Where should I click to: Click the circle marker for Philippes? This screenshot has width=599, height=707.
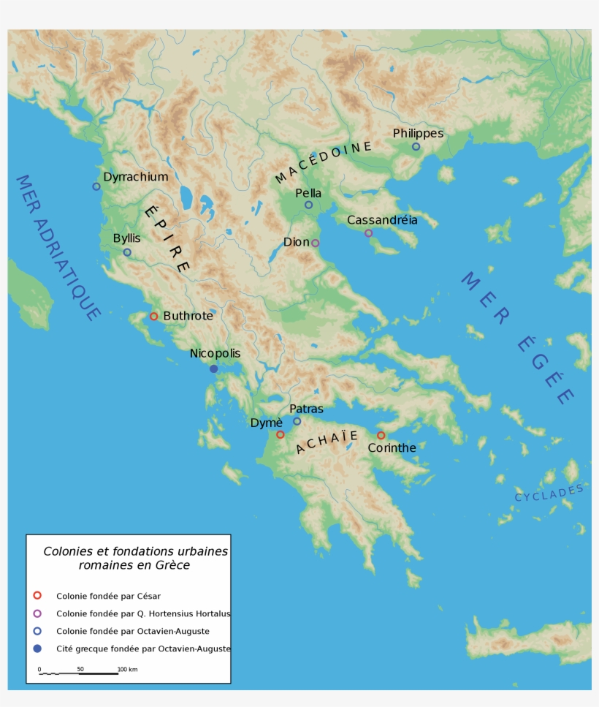[416, 146]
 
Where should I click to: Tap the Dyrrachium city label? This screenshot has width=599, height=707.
[135, 177]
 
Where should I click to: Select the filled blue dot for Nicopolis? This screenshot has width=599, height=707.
[213, 368]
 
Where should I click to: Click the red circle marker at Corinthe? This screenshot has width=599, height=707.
[381, 435]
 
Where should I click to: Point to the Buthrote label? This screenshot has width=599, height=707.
[188, 316]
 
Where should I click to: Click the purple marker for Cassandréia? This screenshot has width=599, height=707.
[368, 232]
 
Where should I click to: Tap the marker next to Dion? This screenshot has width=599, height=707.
[315, 243]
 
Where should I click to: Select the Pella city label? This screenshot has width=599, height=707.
[308, 193]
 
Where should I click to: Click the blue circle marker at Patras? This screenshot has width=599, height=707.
[297, 420]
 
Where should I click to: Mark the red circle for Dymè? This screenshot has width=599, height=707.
[280, 434]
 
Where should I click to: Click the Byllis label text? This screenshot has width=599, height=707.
[126, 238]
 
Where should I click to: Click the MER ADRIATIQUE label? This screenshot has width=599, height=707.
[57, 247]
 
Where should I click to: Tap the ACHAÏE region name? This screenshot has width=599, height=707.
[327, 442]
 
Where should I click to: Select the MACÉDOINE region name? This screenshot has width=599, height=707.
[323, 162]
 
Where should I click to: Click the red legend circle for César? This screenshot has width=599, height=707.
[37, 595]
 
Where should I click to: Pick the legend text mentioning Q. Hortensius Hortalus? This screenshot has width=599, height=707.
[143, 613]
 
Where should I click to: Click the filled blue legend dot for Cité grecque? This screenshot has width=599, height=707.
[37, 649]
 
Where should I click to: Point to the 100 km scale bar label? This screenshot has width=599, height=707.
[127, 669]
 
